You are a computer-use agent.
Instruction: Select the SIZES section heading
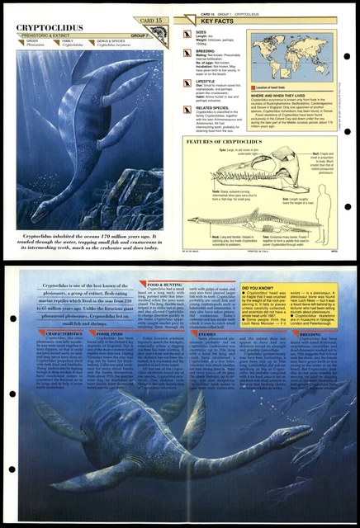tap(202, 32)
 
